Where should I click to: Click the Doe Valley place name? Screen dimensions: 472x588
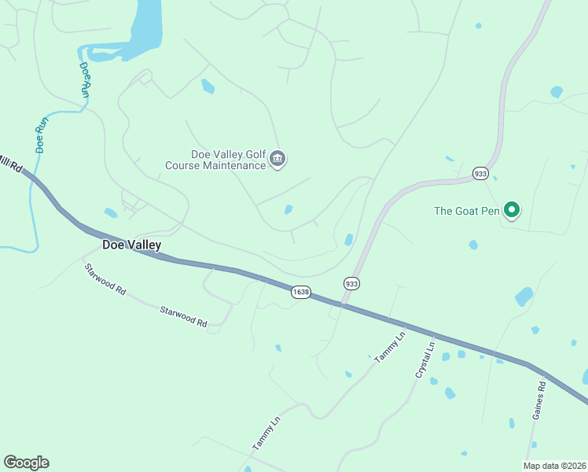click(132, 245)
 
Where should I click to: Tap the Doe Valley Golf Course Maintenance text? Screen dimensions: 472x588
click(216, 160)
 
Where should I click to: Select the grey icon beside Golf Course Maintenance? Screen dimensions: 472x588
click(277, 160)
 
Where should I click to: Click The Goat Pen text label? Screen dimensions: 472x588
click(467, 210)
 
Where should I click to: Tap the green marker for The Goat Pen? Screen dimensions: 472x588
click(511, 209)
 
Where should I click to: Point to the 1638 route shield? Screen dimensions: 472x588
click(300, 292)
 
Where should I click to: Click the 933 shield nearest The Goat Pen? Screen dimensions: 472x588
click(480, 172)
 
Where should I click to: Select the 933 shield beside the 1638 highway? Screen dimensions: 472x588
click(351, 283)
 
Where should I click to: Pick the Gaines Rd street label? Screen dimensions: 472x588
click(538, 400)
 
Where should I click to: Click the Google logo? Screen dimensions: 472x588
click(26, 463)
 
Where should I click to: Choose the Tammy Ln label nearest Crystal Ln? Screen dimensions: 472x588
click(390, 347)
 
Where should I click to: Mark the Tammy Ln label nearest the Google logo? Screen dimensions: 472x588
click(266, 434)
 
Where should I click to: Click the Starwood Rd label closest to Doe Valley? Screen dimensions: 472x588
click(105, 278)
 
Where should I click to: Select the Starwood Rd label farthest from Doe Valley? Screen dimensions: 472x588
click(183, 316)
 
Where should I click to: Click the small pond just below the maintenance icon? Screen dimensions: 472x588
click(288, 209)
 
